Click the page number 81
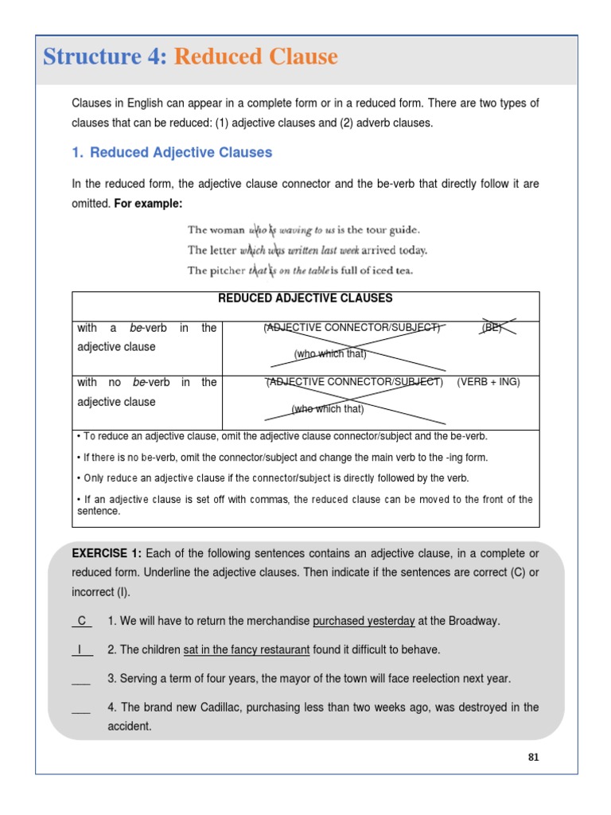click(x=533, y=757)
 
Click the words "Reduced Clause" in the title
click(x=255, y=57)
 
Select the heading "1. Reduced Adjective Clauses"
click(x=172, y=152)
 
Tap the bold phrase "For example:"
click(x=149, y=204)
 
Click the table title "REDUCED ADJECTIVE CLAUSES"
click(x=305, y=298)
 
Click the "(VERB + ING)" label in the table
click(x=488, y=382)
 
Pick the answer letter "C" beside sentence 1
click(x=81, y=621)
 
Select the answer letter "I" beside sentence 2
click(x=81, y=649)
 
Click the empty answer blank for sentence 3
click(x=81, y=679)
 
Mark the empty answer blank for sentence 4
click(x=81, y=708)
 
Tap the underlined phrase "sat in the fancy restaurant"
click(x=246, y=649)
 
